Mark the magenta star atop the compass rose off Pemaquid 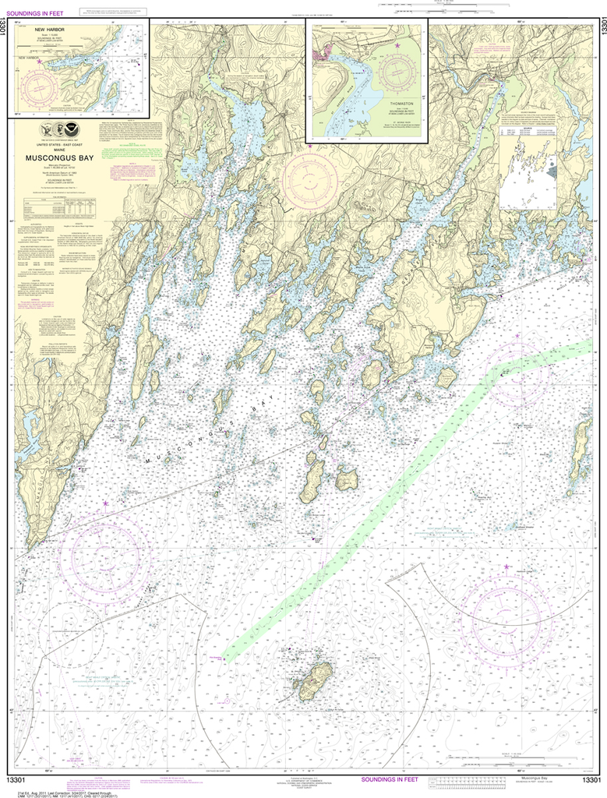coord(105,506)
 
